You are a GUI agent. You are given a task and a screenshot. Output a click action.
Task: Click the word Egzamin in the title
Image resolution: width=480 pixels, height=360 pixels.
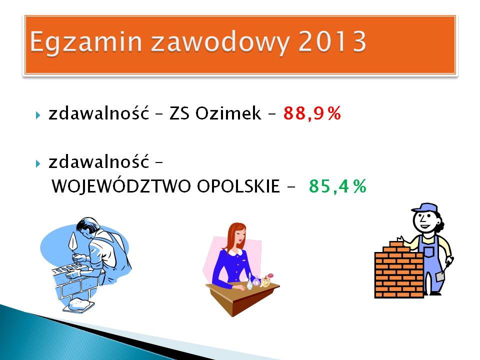pos(86,42)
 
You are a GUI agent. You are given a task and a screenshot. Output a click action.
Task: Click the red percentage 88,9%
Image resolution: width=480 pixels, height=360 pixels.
pos(312,113)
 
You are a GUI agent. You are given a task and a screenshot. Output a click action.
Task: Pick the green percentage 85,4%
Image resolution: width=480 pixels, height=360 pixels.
pos(337,186)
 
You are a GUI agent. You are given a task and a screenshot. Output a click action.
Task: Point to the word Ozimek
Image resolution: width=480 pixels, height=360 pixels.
pos(228,113)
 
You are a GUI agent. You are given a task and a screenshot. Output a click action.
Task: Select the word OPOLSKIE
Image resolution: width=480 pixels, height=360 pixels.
pos(238,186)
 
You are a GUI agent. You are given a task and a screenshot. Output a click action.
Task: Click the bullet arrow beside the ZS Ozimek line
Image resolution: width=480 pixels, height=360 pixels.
pos(38,115)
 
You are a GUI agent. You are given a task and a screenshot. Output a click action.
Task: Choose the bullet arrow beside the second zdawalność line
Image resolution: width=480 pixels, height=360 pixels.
pos(38,163)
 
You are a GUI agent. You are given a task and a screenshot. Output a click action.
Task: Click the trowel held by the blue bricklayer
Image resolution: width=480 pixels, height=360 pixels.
pos(73,242)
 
